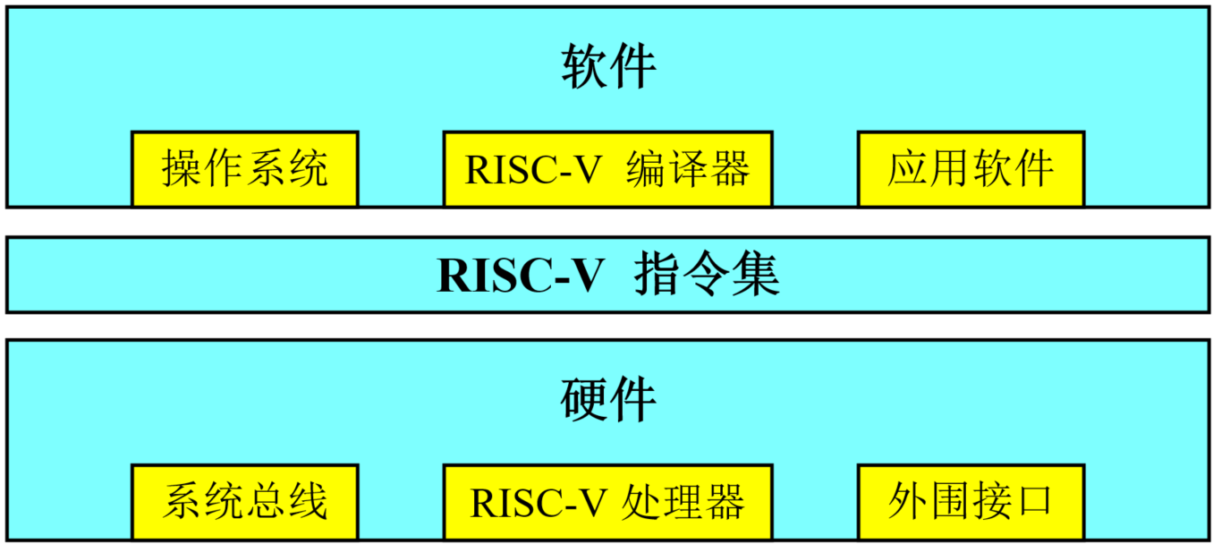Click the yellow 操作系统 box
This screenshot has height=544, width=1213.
click(244, 169)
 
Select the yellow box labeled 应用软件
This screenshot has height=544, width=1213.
click(971, 169)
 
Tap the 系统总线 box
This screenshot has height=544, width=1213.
click(244, 502)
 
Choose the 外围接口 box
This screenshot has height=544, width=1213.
click(971, 502)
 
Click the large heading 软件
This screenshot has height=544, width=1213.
click(608, 67)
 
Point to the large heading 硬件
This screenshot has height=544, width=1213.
click(608, 400)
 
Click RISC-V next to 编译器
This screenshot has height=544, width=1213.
click(533, 169)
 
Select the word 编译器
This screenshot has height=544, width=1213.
click(687, 169)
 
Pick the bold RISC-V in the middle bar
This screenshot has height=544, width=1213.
click(522, 276)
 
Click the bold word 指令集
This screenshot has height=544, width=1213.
click(707, 276)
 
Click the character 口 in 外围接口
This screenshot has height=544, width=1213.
click(1034, 502)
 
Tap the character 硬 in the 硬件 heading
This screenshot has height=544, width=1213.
click(584, 400)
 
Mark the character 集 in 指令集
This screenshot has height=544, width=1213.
click(756, 276)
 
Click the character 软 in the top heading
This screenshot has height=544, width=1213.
click(584, 67)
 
